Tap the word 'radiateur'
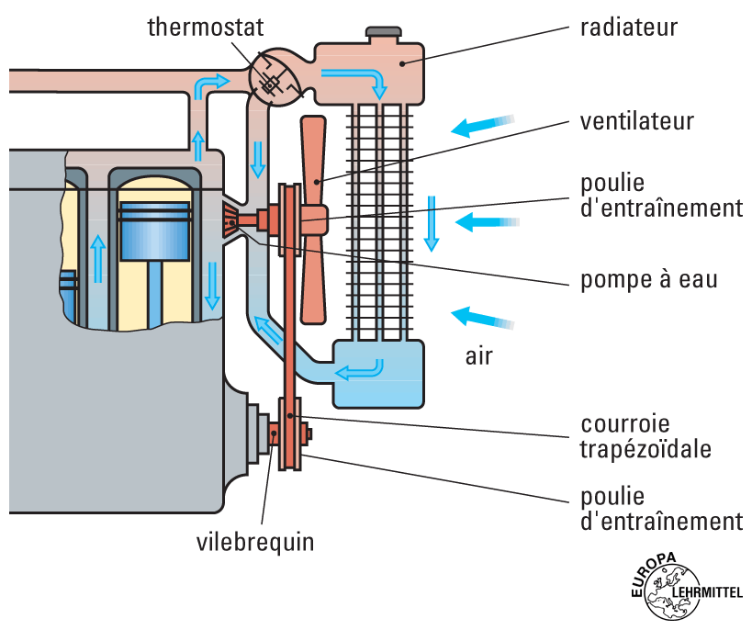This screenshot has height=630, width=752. [628, 27]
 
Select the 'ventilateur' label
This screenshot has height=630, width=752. [636, 121]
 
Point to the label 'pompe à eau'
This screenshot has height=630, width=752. [648, 278]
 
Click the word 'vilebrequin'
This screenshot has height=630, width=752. [255, 542]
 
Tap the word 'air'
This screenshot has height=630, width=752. [477, 355]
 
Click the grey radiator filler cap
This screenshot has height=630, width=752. [384, 33]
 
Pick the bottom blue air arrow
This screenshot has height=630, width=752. [481, 318]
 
